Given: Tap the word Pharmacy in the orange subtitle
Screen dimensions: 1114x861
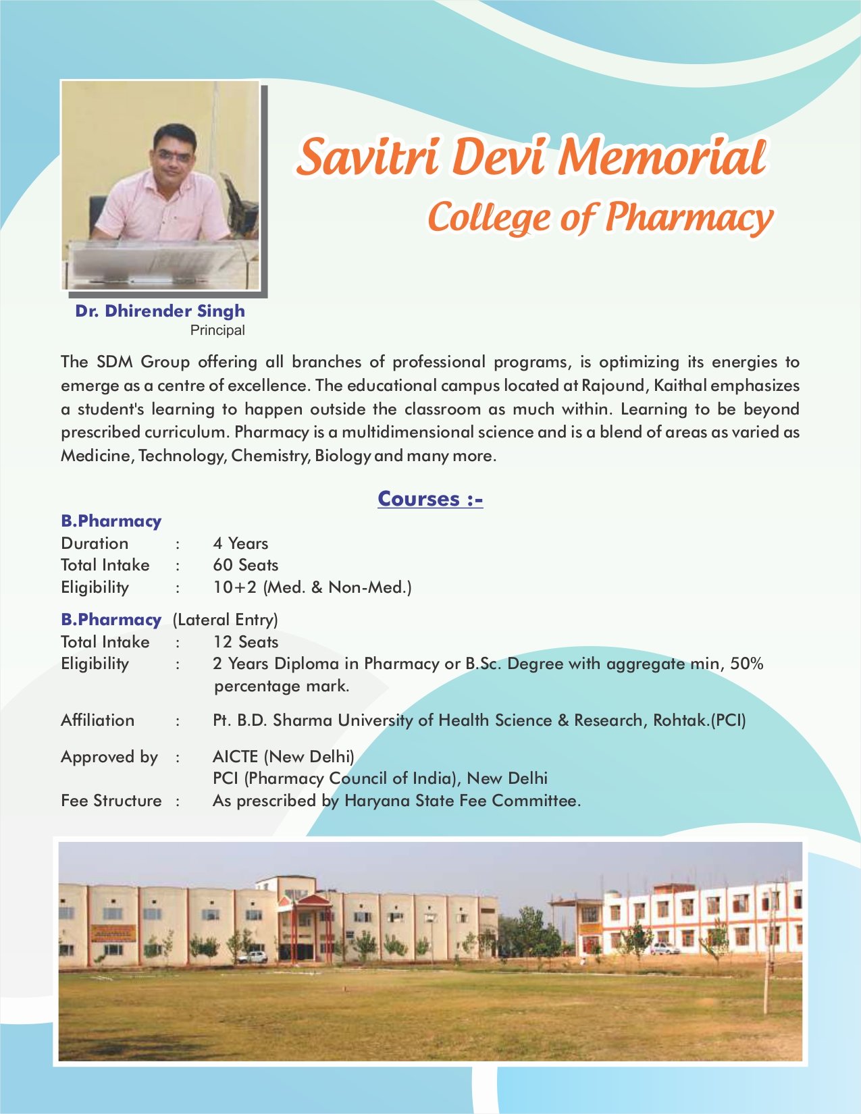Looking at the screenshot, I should tap(688, 218).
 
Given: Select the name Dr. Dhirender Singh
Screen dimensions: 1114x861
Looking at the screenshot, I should tap(160, 311).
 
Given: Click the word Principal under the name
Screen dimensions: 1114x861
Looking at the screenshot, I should tap(217, 331).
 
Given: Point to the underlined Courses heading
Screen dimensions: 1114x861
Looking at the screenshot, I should tap(430, 499).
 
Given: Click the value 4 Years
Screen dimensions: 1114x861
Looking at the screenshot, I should tap(240, 543).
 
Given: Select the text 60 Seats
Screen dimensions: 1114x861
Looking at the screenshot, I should tap(245, 565).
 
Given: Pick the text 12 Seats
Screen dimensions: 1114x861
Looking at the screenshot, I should tap(245, 642).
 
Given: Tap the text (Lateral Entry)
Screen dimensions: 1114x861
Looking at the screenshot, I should tap(225, 620).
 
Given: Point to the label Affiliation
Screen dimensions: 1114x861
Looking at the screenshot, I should tap(97, 720).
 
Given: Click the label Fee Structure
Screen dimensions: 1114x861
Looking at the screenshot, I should tap(111, 801).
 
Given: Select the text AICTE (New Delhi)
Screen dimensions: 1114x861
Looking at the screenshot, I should tap(283, 757).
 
